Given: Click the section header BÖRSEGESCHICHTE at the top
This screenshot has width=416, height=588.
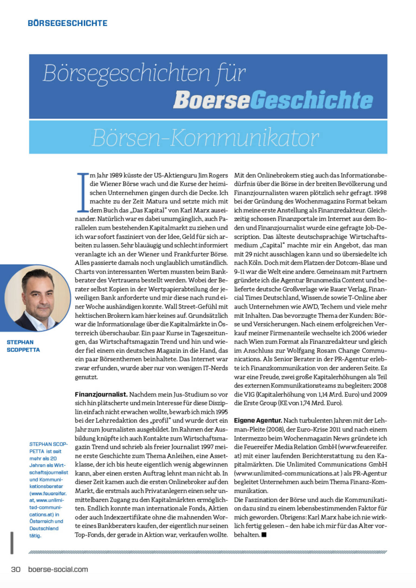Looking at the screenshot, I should click(67, 23).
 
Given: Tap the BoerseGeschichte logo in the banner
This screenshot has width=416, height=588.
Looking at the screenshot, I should click(273, 100).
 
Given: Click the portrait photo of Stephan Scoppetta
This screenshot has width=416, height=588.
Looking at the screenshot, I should click(38, 298).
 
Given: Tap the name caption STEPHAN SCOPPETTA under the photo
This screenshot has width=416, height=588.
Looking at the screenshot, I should click(23, 346).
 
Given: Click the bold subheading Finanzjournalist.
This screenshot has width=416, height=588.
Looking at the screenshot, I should click(101, 395).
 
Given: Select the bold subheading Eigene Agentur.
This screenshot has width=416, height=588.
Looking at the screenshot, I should click(258, 421).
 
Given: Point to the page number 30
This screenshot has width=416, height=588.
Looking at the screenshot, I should click(16, 569).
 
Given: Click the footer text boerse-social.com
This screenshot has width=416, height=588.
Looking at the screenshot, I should click(58, 569).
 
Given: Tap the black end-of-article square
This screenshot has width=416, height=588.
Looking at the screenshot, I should click(264, 535).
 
